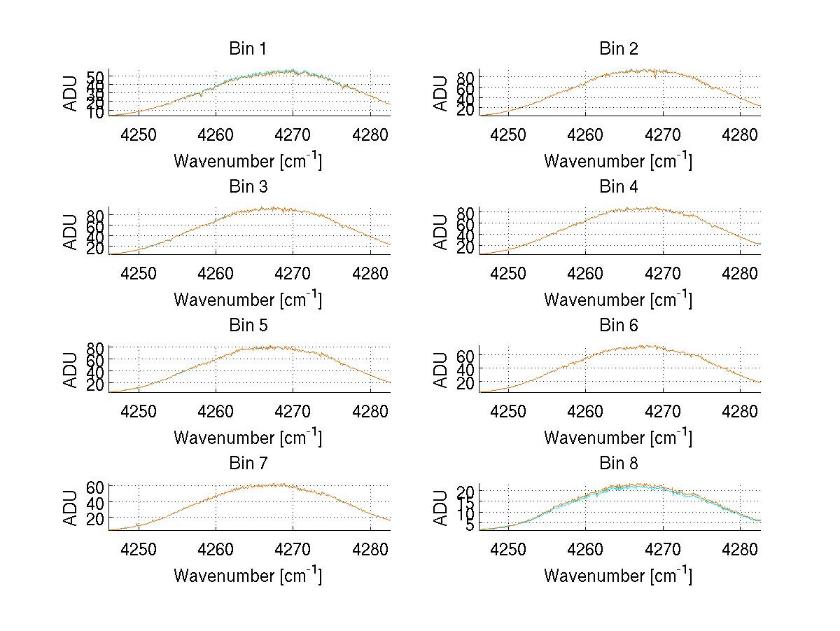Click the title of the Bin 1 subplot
coord(247,49)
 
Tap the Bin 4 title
coord(618,187)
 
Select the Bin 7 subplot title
coord(247,464)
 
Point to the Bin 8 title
coord(618,464)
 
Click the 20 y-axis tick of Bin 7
coord(95,518)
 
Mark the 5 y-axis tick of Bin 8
coord(470,525)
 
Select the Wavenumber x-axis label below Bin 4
coord(618,299)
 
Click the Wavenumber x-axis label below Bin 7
coord(247,575)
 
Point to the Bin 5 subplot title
coord(247,326)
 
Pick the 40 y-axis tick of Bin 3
coord(95,237)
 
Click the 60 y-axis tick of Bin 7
coord(95,487)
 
